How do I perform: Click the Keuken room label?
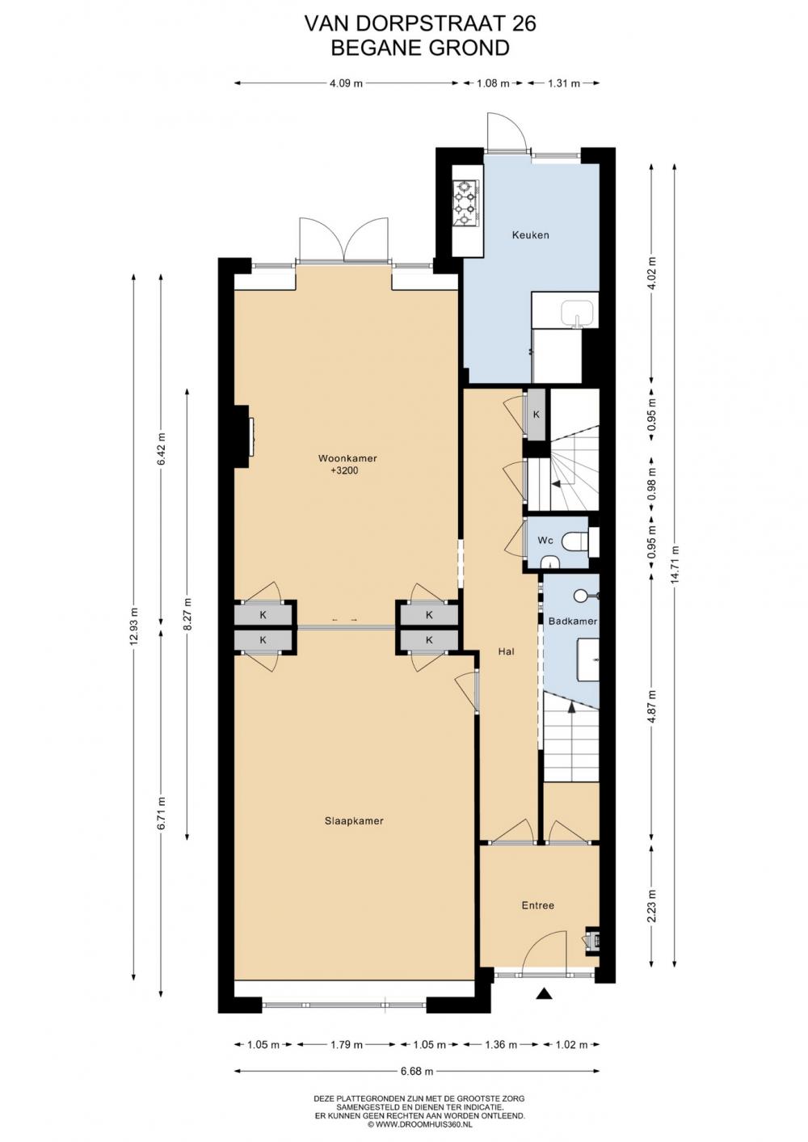click(x=530, y=235)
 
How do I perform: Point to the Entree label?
click(x=538, y=905)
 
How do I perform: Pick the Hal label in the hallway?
click(x=506, y=651)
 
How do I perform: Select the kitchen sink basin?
click(x=577, y=314)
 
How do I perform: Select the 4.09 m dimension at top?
click(x=346, y=83)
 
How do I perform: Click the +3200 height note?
click(x=344, y=470)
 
